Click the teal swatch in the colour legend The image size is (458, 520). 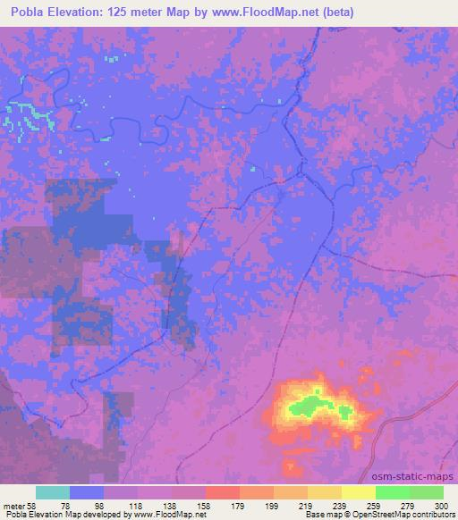point(53,492)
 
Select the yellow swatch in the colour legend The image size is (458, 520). point(359,492)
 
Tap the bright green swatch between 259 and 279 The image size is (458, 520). point(393,492)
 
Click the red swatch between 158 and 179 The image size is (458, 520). point(223,492)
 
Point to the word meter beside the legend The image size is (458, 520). point(14,505)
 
